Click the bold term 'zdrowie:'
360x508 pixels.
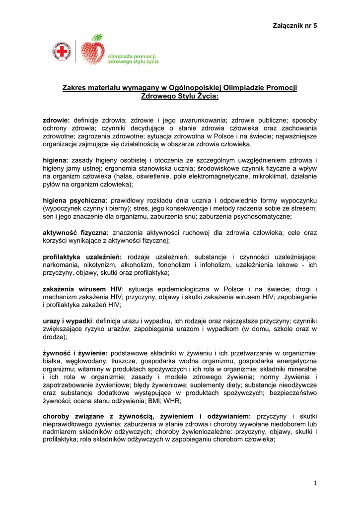57,121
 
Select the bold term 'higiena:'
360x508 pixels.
56,160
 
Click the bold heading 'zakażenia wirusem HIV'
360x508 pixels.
82,289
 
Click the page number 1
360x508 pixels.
315,483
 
